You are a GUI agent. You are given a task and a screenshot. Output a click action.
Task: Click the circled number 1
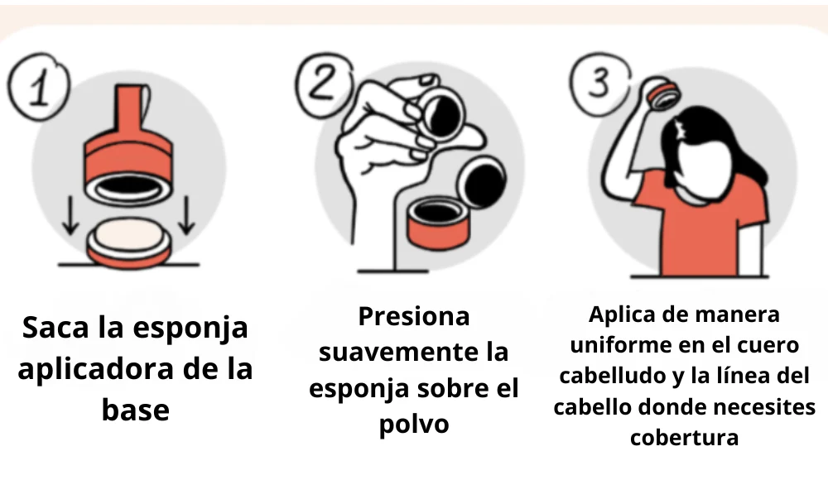39,86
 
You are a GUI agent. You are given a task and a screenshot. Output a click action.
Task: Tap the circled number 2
323,84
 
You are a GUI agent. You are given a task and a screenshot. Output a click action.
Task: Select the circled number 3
599,84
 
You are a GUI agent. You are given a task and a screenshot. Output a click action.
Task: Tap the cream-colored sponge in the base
129,236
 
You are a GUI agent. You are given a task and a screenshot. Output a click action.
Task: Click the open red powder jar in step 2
438,222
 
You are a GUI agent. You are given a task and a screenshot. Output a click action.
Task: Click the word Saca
56,328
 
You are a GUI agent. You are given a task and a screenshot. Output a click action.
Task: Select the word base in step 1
136,410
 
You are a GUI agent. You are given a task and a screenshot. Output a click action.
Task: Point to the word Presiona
414,317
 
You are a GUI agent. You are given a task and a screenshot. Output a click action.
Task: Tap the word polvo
414,424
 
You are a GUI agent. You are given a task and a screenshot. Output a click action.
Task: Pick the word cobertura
685,437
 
